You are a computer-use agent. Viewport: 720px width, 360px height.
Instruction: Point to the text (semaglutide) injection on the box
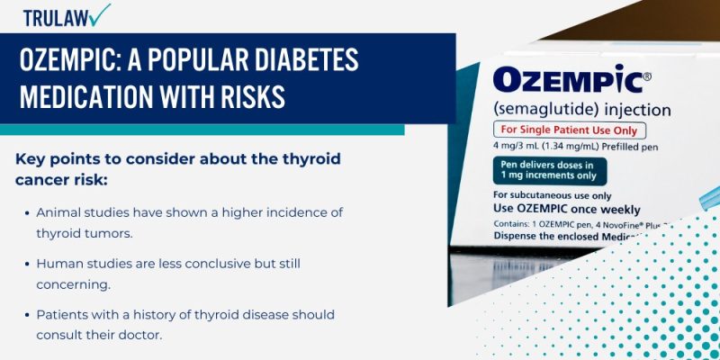pyautogui.click(x=581, y=111)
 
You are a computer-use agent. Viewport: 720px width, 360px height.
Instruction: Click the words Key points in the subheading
pyautogui.click(x=53, y=158)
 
